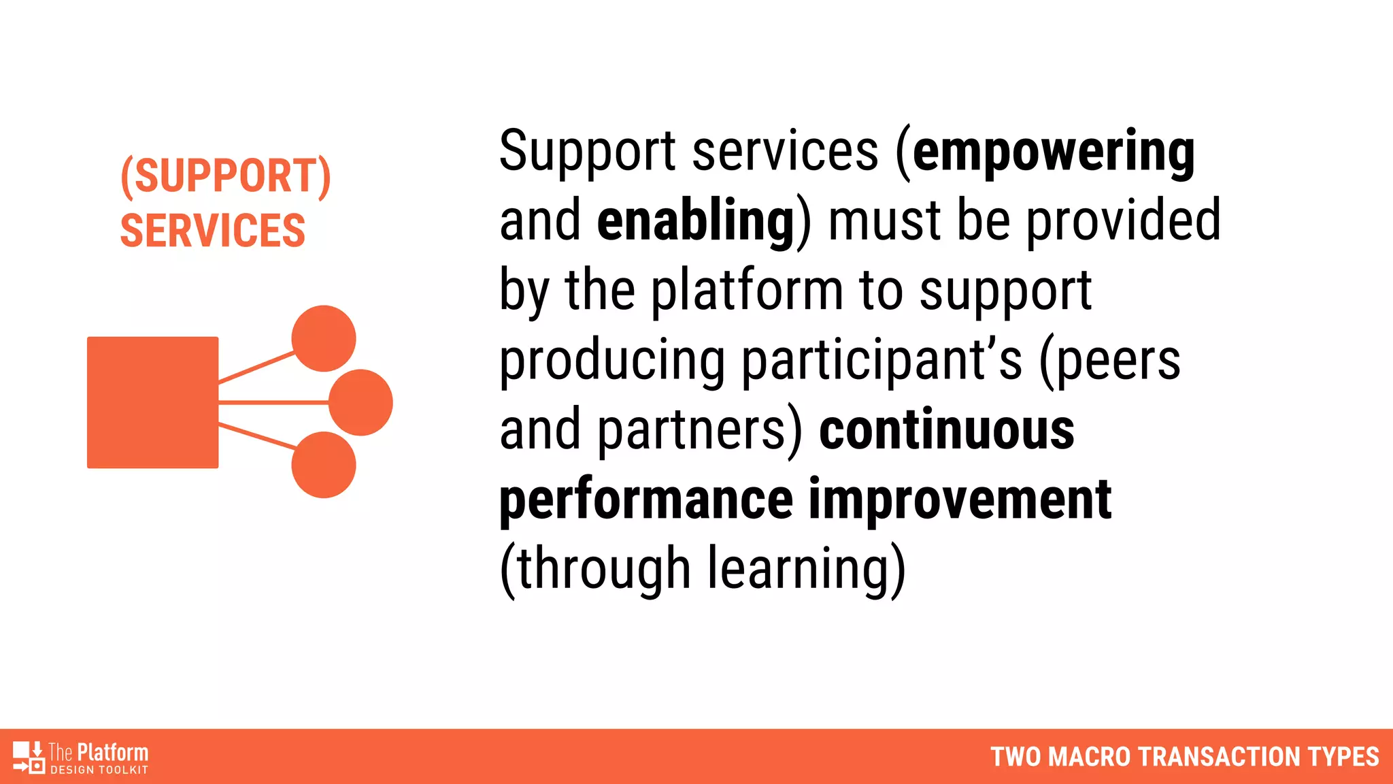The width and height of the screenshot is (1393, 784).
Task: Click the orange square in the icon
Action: point(152,402)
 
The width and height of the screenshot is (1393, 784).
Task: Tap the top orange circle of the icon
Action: point(324,338)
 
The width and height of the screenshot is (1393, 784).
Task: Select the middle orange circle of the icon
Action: point(360,402)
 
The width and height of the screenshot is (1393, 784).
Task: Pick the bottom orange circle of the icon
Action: point(324,465)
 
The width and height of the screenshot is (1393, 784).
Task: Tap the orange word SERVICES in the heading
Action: point(212,231)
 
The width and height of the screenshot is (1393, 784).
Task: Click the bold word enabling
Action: point(695,221)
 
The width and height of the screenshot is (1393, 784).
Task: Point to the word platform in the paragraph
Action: point(747,291)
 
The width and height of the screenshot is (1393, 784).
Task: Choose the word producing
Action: point(612,361)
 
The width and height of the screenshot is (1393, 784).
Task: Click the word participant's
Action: point(882,361)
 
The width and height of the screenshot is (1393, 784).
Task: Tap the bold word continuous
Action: point(947,431)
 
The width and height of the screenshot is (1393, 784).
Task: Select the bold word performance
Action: point(646,501)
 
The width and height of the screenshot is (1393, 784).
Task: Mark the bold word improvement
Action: point(960,500)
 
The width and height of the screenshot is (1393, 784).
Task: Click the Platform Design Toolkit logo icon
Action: point(29,757)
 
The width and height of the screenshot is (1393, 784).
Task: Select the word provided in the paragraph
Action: point(1123,221)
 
